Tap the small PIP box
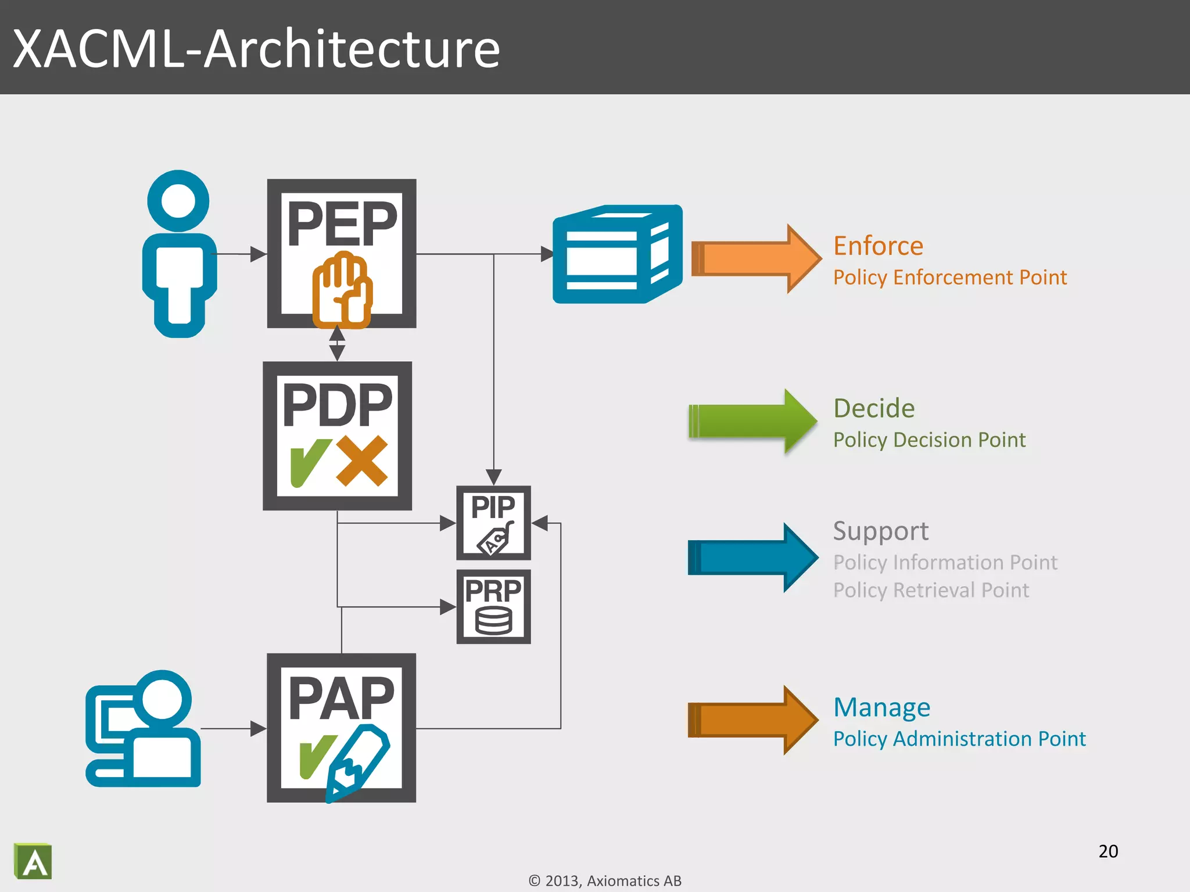[493, 523]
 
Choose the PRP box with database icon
[493, 607]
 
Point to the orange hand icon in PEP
[342, 290]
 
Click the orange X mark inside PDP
[361, 461]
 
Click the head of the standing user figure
[178, 201]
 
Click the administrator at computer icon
[144, 729]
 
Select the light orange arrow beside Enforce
[755, 258]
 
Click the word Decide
[873, 408]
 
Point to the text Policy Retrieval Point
[930, 590]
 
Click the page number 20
[1108, 851]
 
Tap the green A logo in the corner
[33, 861]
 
